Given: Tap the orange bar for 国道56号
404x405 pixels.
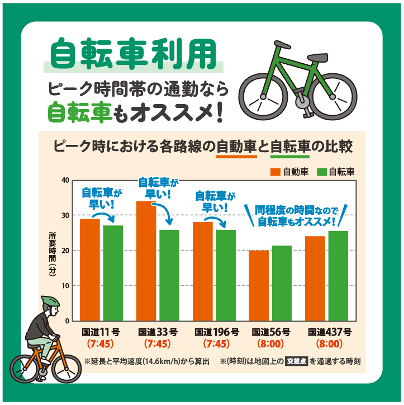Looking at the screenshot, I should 259,285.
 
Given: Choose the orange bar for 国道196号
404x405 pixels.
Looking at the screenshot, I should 203,271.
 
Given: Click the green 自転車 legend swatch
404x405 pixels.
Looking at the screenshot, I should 322,172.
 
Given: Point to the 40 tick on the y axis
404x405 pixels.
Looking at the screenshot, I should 65,181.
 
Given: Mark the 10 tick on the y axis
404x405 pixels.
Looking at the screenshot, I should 65,286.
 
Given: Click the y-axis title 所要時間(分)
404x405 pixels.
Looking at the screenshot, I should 53,252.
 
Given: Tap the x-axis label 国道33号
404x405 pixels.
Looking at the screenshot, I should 158,332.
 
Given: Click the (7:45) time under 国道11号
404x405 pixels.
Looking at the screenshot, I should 101,343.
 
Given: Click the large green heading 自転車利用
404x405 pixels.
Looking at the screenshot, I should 133,54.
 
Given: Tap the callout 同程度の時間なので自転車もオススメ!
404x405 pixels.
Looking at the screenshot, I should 296,216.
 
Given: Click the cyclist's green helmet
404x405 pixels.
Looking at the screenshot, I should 50,302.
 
